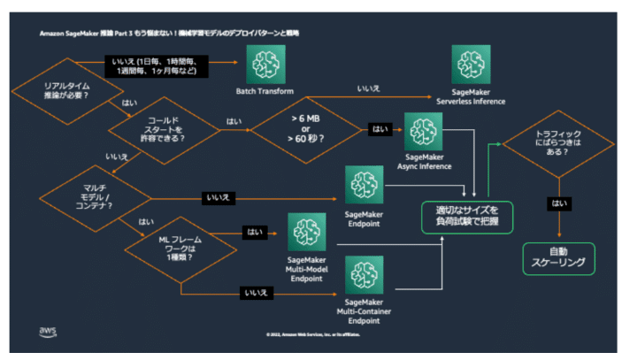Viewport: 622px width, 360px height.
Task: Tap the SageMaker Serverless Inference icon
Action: (471, 65)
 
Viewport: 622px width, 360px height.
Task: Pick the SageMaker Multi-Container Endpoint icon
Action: (365, 276)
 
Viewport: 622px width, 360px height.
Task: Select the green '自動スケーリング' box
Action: (558, 258)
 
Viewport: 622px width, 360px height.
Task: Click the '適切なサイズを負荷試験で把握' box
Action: (466, 216)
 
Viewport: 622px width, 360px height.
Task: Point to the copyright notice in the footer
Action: (312, 334)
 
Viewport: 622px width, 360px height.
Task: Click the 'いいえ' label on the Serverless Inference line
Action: (369, 89)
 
